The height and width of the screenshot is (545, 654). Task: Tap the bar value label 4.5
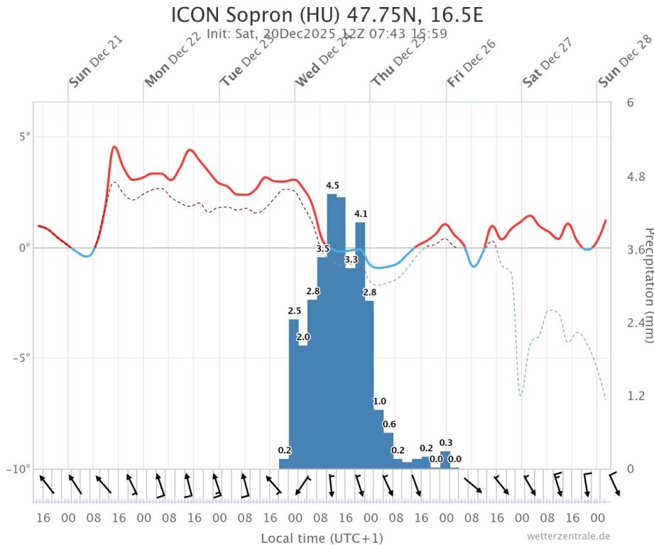click(x=332, y=185)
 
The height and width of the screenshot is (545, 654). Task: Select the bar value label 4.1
click(x=361, y=214)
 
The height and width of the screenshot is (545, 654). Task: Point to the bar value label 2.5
click(x=295, y=311)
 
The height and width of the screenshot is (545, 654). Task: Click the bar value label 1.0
click(x=380, y=402)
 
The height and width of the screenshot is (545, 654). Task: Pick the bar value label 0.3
click(x=446, y=443)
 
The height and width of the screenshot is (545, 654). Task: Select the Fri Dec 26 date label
click(x=471, y=63)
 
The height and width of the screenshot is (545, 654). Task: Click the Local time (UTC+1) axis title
click(x=322, y=537)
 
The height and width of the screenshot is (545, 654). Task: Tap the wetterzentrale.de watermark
click(x=568, y=536)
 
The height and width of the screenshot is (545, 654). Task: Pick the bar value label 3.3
click(x=351, y=260)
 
